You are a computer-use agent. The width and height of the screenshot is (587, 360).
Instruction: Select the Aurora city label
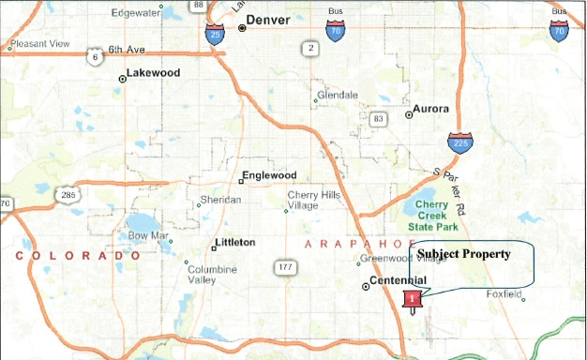pos(430,109)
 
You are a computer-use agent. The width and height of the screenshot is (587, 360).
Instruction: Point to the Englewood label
pos(268,175)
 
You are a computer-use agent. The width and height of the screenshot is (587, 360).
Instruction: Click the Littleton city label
pos(234,243)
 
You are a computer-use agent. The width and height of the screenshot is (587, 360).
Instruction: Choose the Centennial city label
pos(399,281)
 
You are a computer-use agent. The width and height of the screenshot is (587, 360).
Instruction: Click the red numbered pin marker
pos(412,299)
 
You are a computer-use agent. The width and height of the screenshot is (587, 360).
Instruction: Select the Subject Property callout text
pos(463,254)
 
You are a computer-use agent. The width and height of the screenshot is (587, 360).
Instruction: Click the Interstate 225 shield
pos(459,143)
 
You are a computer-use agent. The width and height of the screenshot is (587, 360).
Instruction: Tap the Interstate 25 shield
pos(215,36)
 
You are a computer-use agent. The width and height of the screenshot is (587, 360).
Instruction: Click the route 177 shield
pos(286,268)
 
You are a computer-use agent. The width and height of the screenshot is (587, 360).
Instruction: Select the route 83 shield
pos(378,119)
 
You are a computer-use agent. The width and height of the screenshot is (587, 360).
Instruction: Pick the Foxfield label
pos(504,294)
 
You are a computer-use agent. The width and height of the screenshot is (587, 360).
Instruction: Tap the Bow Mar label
pos(146,235)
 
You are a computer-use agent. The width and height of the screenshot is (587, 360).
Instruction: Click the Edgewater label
pos(135,13)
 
